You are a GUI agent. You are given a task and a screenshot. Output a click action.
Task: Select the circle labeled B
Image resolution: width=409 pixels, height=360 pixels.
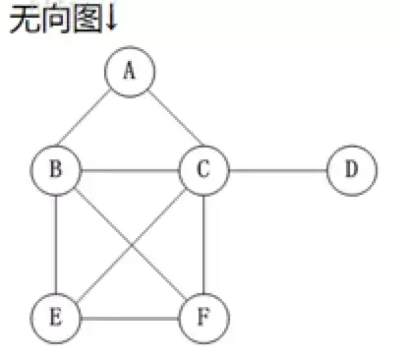[x=56, y=169]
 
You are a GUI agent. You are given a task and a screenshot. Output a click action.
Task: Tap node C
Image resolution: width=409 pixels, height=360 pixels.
[x=204, y=169]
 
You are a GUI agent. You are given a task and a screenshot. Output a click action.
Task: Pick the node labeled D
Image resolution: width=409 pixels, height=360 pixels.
[x=351, y=169]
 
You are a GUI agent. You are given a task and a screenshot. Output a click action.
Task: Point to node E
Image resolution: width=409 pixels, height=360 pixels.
[x=56, y=317]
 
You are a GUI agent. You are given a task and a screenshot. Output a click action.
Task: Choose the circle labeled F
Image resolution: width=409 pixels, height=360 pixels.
[x=204, y=317]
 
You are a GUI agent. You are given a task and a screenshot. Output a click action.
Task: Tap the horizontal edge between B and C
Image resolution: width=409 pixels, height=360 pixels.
[x=130, y=169]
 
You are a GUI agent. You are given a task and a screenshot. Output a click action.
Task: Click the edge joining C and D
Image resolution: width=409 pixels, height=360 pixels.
[x=277, y=169]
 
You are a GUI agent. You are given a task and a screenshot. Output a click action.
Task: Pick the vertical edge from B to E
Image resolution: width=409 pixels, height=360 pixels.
[x=56, y=243]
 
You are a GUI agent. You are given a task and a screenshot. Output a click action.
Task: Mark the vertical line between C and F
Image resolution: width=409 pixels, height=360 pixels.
[x=204, y=243]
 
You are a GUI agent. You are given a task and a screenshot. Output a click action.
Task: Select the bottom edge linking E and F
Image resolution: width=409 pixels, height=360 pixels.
[x=130, y=317]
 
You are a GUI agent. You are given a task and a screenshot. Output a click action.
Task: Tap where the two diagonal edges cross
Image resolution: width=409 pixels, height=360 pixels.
[x=130, y=243]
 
